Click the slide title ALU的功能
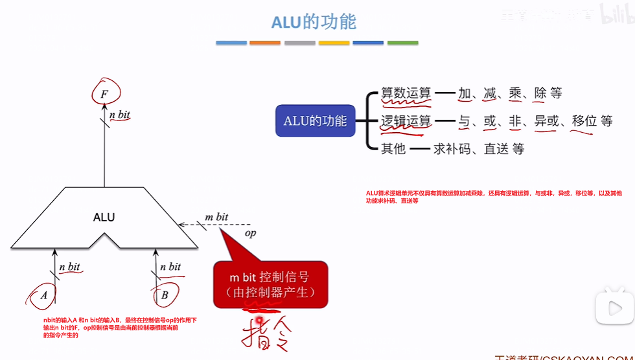tap(314, 21)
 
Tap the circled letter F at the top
tap(104, 95)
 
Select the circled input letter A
tap(44, 295)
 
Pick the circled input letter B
tap(165, 295)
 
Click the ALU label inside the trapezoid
tap(104, 217)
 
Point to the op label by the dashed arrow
tap(249, 233)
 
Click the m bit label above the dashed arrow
tap(216, 217)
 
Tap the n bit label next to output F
tap(120, 115)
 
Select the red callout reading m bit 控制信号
tap(270, 284)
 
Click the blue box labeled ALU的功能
tap(315, 121)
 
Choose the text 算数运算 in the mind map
tap(406, 93)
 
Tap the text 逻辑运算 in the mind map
tap(406, 121)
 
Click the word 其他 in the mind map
tap(393, 149)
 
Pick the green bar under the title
tap(402, 43)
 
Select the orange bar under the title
tap(265, 43)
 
